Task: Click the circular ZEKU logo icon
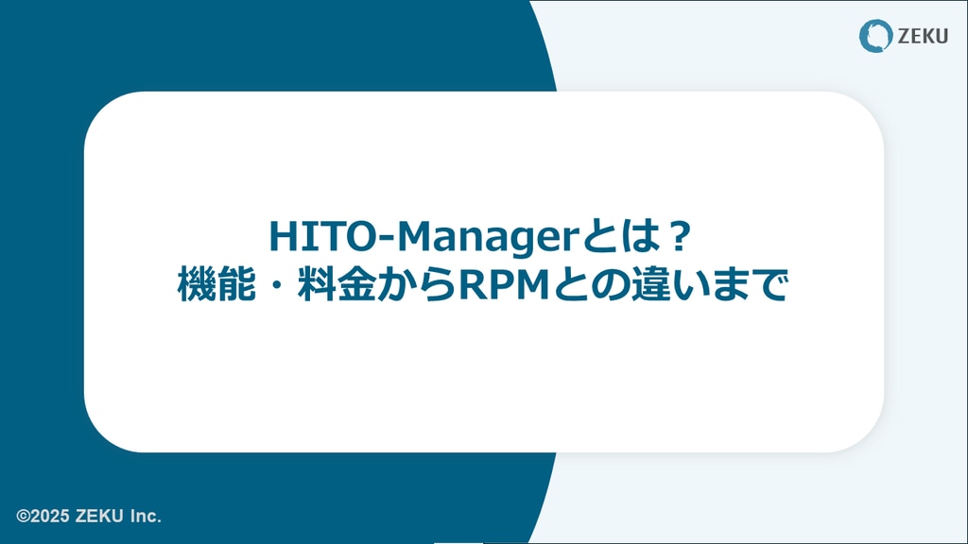click(x=875, y=36)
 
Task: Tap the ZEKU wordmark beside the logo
click(x=923, y=37)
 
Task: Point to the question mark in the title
click(x=679, y=236)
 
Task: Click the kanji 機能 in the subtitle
click(x=216, y=285)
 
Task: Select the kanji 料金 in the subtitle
click(x=337, y=285)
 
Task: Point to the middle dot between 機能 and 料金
click(x=276, y=285)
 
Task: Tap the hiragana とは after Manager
click(x=622, y=237)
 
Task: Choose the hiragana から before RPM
click(x=417, y=285)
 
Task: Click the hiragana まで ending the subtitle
click(x=749, y=285)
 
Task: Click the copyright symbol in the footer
click(x=23, y=516)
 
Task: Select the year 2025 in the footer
click(x=49, y=516)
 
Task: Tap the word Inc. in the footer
click(x=146, y=516)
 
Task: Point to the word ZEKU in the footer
click(x=99, y=516)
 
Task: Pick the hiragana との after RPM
click(x=591, y=285)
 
